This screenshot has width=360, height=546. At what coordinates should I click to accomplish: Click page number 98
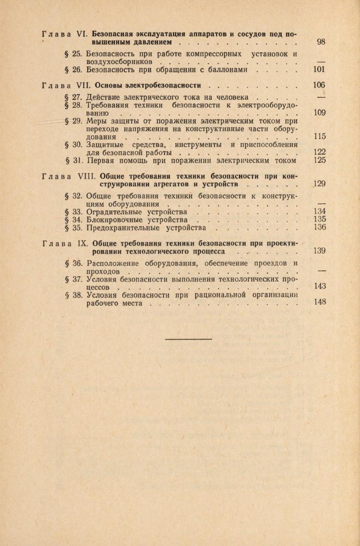(x=321, y=42)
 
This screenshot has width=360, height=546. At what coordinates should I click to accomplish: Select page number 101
(x=319, y=70)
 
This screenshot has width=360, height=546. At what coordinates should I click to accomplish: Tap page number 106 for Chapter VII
(x=319, y=85)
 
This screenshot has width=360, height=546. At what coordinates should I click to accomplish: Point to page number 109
(x=319, y=112)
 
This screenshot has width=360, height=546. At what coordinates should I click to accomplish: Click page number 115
(x=319, y=136)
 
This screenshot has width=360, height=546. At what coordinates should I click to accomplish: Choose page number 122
(x=319, y=153)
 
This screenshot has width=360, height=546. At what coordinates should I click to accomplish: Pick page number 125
(x=319, y=161)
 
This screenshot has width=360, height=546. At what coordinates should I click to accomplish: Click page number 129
(x=319, y=184)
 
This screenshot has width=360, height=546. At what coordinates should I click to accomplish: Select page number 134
(x=319, y=211)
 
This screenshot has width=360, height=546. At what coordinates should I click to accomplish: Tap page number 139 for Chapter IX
(x=319, y=251)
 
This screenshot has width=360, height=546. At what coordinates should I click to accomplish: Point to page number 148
(x=319, y=302)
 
